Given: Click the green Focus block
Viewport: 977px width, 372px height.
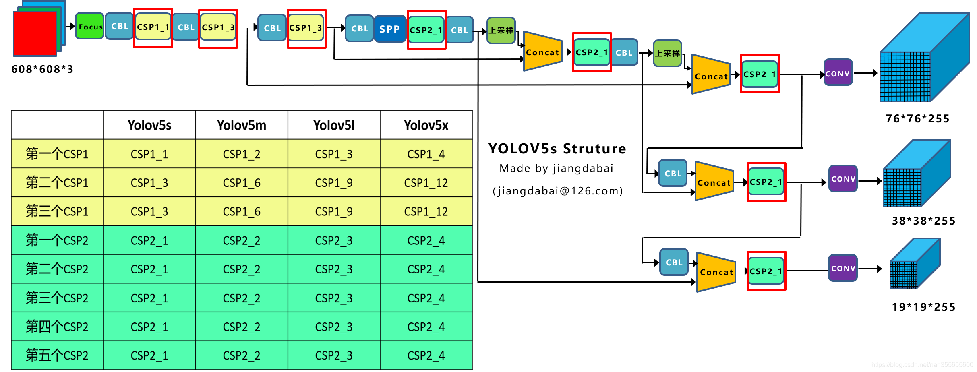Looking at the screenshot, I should click(89, 26).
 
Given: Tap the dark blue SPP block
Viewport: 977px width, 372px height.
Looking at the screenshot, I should click(389, 29).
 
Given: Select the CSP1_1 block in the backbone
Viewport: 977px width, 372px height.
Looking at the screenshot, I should click(153, 27).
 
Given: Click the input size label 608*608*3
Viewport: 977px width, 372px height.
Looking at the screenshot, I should click(42, 69).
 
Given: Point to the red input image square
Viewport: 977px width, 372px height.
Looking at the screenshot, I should click(35, 34).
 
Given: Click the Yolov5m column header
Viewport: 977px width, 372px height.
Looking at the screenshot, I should click(242, 125).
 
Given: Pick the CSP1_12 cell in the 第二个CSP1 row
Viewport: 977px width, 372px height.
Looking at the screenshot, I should click(426, 183).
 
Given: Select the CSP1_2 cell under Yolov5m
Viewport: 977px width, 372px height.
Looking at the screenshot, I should click(242, 154).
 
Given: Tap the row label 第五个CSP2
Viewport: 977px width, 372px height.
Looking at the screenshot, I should click(57, 355).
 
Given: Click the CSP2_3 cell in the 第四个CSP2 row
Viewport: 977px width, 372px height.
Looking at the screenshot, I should click(333, 327).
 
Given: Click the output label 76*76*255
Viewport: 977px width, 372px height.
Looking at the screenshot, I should click(917, 119).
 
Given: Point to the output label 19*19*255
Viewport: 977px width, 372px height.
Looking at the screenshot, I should click(923, 307).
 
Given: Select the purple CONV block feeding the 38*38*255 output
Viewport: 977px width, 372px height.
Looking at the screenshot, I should click(843, 179).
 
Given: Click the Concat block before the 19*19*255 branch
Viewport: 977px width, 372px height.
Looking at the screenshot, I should click(716, 272).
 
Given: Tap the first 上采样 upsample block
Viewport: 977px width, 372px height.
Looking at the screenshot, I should click(501, 30).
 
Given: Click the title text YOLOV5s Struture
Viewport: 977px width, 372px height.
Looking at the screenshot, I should click(557, 149).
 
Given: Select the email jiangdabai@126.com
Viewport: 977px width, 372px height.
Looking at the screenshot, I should click(557, 191).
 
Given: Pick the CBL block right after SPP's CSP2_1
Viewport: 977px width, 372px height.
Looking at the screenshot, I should click(459, 30).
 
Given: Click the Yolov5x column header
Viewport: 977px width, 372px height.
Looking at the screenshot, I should click(426, 125).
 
